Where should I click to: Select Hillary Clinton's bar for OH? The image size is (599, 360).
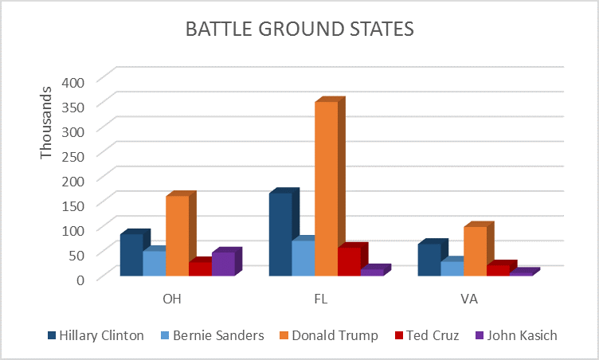click(x=131, y=255)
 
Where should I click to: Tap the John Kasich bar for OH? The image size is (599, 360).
click(x=223, y=264)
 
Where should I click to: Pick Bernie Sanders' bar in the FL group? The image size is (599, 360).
click(x=303, y=258)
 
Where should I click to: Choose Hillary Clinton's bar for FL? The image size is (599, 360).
click(x=280, y=234)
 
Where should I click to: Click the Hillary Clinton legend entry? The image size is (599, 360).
click(x=96, y=335)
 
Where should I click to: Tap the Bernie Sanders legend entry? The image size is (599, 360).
click(x=211, y=335)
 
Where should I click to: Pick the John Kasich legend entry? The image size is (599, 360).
click(x=515, y=335)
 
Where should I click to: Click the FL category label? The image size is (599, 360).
click(x=321, y=299)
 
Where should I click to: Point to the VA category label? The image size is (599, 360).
click(x=468, y=299)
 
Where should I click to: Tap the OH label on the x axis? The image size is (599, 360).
click(x=172, y=299)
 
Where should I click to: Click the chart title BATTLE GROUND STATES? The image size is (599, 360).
click(x=299, y=29)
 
